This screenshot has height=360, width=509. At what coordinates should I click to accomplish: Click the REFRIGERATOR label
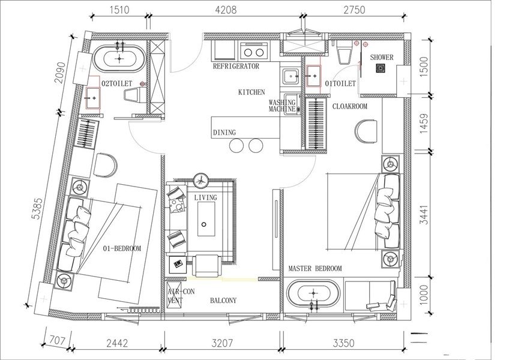236,66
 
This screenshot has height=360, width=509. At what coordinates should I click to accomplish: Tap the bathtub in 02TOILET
119,58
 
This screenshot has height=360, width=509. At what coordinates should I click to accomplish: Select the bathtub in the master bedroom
313,293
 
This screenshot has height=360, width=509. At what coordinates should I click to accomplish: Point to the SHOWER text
382,58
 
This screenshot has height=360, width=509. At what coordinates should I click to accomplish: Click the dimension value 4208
226,10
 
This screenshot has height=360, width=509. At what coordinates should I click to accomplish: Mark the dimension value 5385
37,209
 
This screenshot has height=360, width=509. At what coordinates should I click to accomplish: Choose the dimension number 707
57,341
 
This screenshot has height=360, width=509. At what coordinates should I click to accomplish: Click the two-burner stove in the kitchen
254,51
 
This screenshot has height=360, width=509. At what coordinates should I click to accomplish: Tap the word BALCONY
223,301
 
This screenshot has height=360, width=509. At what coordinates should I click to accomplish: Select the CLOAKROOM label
349,106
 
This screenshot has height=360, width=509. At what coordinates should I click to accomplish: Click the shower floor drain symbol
380,68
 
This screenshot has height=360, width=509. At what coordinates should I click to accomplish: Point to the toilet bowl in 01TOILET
343,52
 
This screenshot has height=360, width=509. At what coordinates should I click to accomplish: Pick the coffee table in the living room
206,219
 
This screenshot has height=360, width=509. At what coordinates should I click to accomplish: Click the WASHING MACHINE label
282,106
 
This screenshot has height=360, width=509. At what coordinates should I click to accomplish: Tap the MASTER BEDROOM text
315,268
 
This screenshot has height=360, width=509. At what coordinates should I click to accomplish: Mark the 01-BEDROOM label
122,248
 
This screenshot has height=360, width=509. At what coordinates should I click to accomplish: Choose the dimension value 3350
343,343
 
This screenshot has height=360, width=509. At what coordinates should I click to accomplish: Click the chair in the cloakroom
366,131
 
